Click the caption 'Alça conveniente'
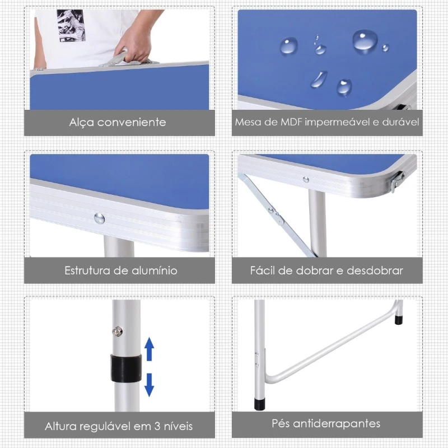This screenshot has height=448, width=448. point(118,122)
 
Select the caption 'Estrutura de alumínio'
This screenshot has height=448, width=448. point(121,270)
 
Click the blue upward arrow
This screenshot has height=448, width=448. point(150,348)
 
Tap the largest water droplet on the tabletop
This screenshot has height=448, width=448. point(365,41)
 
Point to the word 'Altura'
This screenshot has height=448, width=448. point(61,427)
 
